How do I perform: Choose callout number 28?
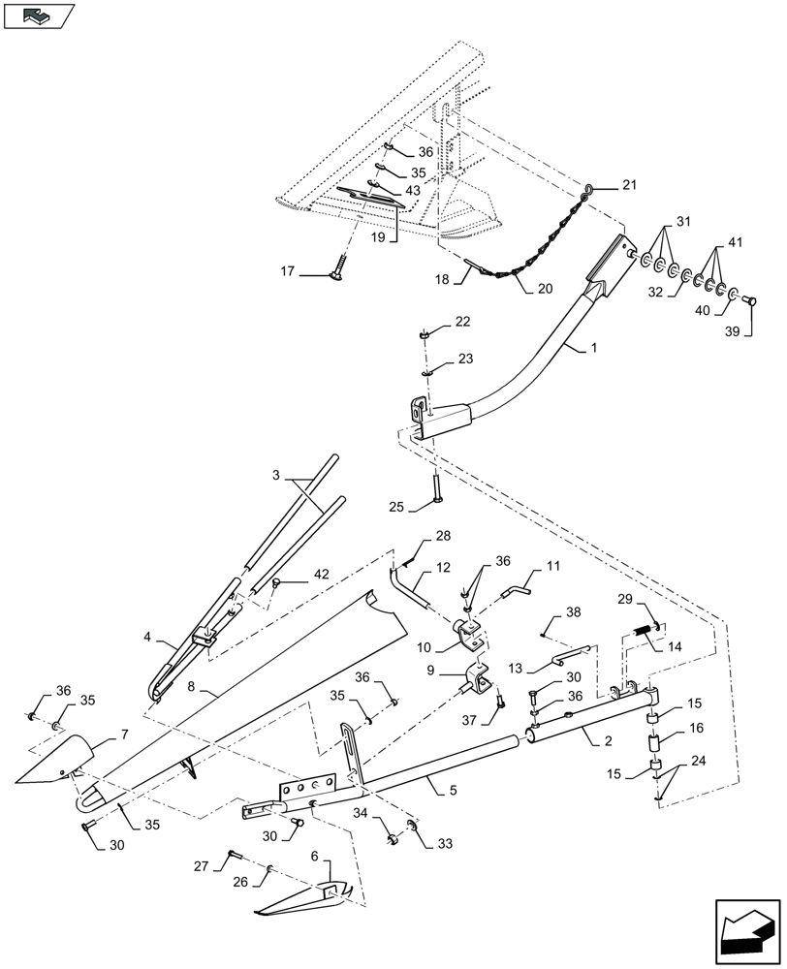442,536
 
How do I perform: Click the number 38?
574,611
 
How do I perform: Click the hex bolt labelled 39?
750,300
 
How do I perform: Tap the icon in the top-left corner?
38,17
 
